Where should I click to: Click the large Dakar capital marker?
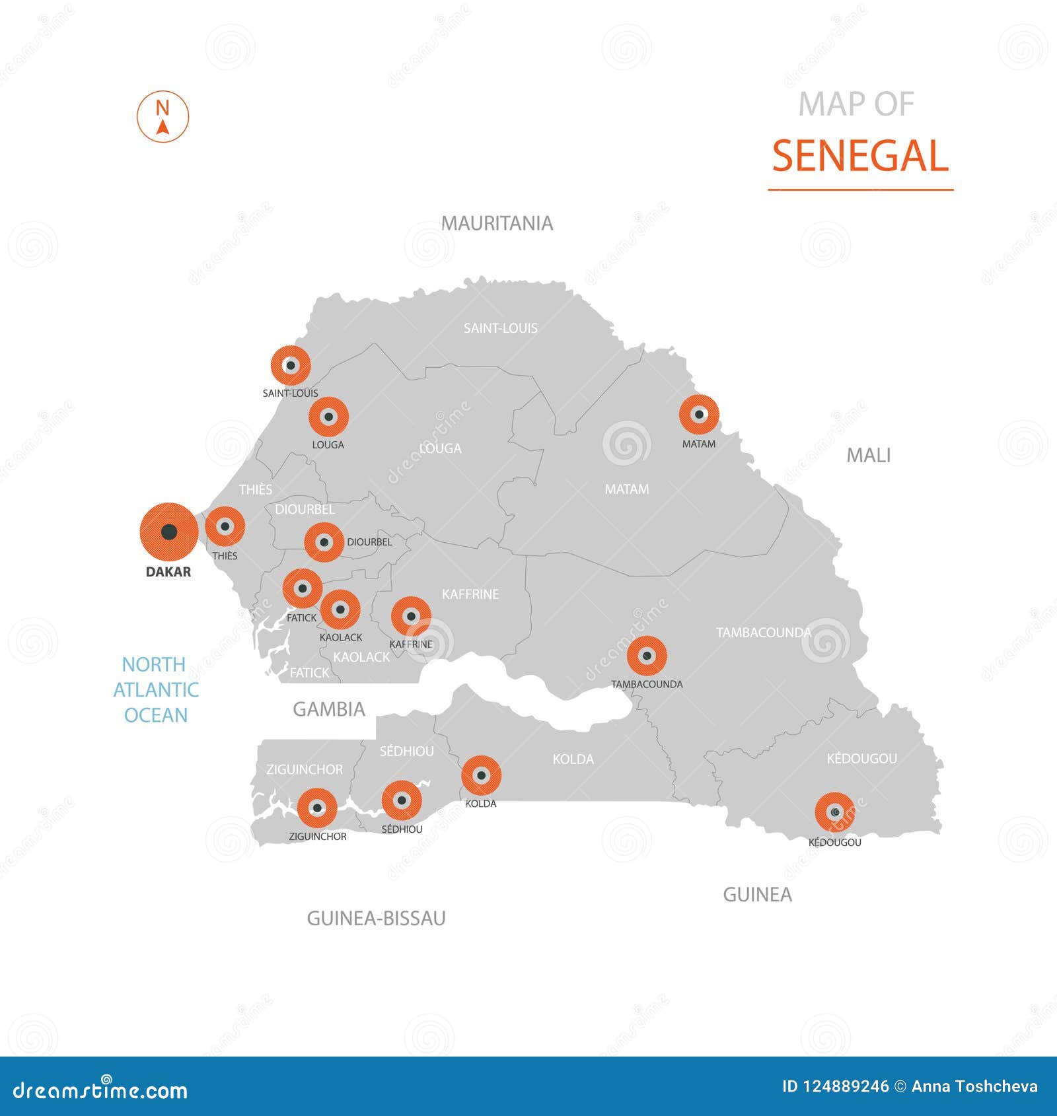[168, 532]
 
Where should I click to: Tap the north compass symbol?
[163, 116]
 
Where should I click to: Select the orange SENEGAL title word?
[859, 157]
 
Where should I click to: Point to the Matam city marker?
[698, 415]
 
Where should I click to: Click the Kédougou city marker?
[834, 812]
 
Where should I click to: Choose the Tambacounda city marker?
[647, 656]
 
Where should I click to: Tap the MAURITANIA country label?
[497, 223]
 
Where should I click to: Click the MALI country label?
[868, 455]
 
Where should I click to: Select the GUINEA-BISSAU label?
[376, 918]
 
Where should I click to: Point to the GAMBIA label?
[328, 709]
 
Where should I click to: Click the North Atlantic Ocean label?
[155, 689]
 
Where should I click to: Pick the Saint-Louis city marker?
[290, 365]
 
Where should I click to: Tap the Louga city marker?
[328, 417]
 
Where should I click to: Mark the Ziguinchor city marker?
[317, 808]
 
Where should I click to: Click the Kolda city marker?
[481, 775]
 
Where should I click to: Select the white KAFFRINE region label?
[470, 594]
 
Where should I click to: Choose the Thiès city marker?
[225, 526]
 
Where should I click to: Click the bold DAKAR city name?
[168, 572]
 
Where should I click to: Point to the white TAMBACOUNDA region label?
[763, 633]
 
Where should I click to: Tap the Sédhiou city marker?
[402, 800]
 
